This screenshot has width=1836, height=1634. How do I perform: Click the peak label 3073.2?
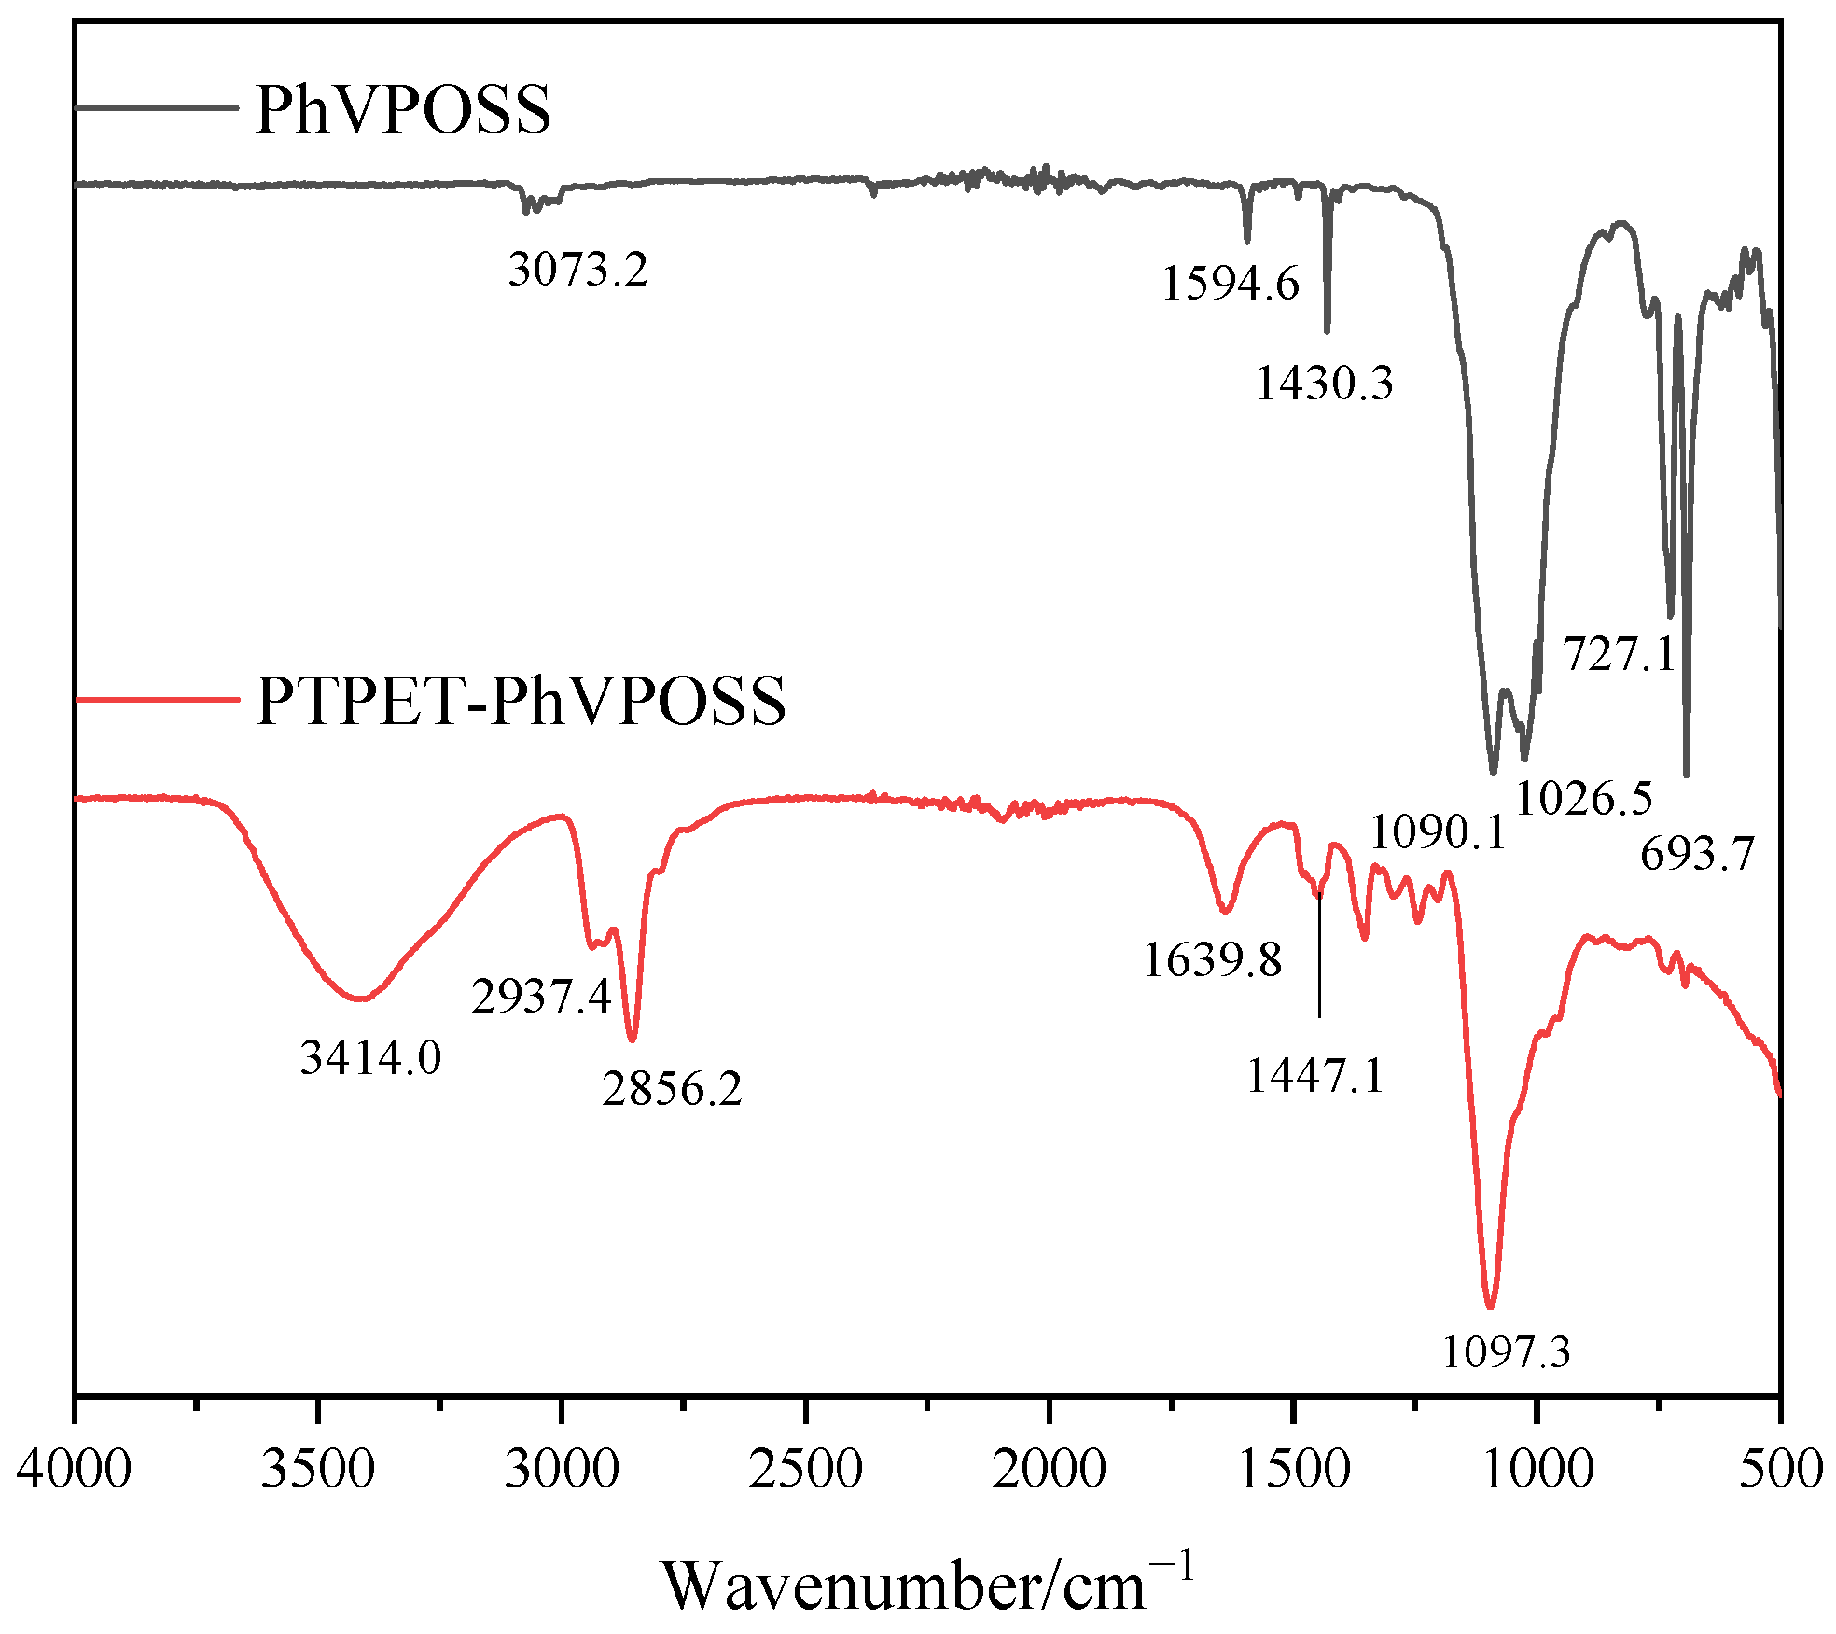point(577,271)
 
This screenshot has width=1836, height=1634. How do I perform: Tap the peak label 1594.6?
point(1230,284)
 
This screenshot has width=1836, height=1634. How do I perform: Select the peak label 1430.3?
point(1324,384)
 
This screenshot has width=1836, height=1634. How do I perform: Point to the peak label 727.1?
point(1620,654)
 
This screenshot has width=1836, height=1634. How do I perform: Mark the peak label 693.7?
point(1697,854)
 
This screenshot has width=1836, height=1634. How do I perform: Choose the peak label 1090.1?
point(1438,832)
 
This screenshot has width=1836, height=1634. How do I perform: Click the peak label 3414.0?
point(370,1058)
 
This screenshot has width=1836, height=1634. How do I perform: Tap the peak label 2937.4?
point(541,998)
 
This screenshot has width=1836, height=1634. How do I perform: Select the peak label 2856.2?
point(672,1089)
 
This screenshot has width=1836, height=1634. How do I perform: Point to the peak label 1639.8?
point(1213,960)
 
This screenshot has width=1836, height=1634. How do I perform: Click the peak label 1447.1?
point(1315,1077)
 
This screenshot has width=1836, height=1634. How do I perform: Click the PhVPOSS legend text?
point(403,110)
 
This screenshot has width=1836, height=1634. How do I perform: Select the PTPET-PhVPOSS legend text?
point(521,701)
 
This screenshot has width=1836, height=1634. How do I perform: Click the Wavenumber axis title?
point(927,1585)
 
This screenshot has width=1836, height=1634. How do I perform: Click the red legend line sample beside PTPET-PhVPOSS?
point(157,698)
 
